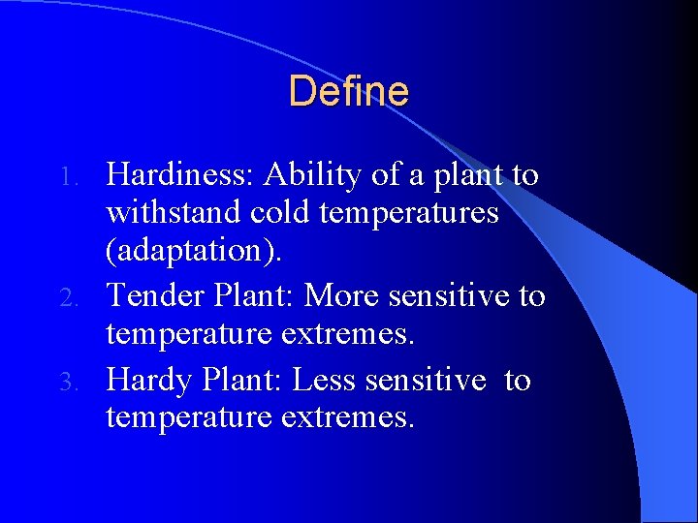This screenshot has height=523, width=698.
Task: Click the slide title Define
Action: pos(348,92)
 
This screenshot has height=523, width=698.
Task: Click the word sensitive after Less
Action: pos(425,381)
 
